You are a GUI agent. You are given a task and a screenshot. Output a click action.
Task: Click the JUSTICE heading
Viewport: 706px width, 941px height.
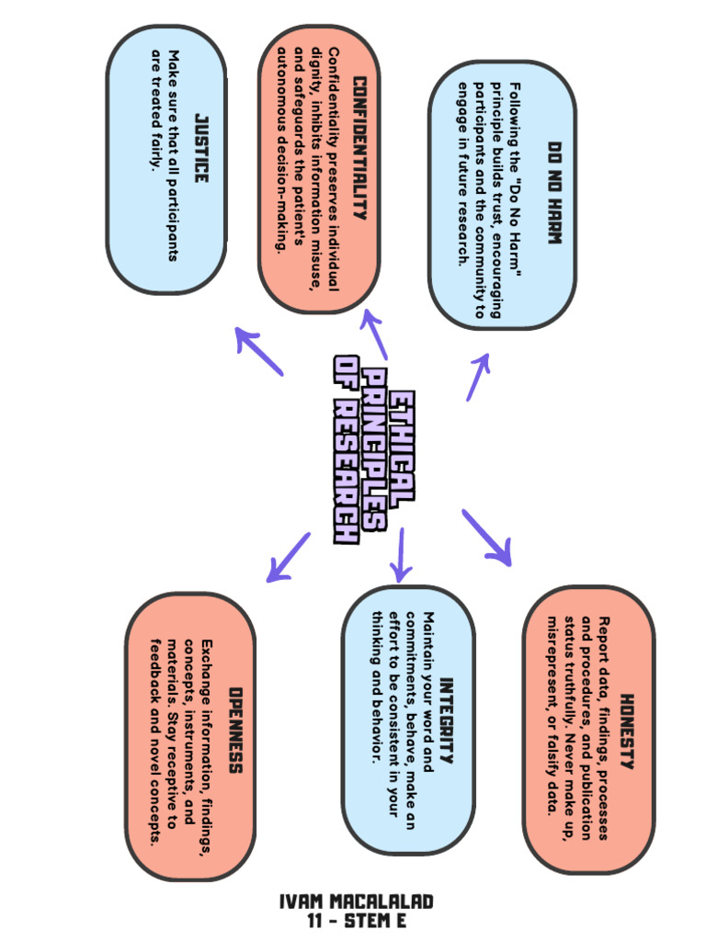201,148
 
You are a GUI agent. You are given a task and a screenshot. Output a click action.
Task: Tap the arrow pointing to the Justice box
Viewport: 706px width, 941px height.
259,350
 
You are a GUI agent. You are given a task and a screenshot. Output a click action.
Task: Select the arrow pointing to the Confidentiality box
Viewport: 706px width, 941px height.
376,334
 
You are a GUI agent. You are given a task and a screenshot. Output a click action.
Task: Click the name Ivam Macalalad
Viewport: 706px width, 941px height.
356,901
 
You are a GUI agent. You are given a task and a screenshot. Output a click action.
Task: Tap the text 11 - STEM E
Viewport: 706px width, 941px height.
356,921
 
